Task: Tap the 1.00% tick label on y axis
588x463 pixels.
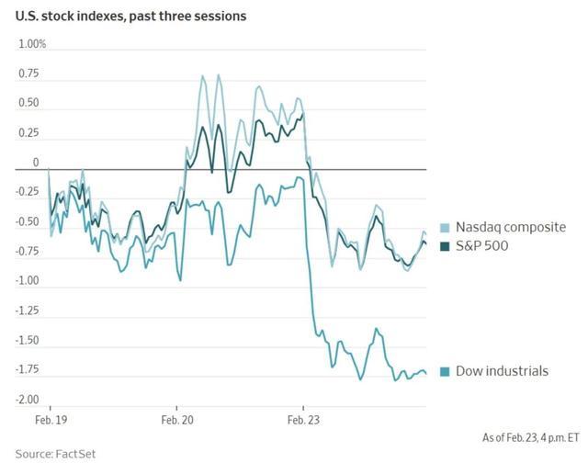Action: click(32, 44)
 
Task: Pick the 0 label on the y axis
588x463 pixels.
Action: click(37, 163)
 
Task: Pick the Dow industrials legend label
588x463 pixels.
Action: click(502, 371)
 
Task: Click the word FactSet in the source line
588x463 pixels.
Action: click(74, 453)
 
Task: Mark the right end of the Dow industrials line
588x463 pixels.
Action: click(426, 373)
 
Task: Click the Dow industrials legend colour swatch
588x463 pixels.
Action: click(445, 371)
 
